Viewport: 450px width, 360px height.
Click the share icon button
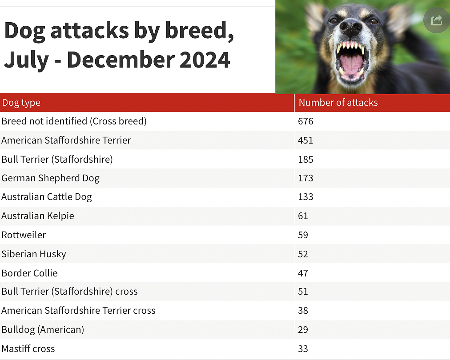437,20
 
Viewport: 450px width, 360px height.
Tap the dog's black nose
351,27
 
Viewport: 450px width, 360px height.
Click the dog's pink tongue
350,65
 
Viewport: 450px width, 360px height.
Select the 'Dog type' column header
21,103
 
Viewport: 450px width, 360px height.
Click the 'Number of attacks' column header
338,102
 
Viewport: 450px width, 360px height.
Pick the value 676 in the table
305,121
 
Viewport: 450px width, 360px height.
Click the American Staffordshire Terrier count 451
305,140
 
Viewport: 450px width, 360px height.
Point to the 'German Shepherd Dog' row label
51,178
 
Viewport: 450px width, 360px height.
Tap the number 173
305,178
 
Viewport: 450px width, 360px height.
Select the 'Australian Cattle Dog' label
47,197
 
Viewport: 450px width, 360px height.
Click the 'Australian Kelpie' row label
38,216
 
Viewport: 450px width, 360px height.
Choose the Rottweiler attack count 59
303,235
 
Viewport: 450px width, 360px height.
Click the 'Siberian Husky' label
34,254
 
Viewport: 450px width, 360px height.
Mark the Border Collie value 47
303,273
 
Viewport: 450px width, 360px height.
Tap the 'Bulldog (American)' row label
43,330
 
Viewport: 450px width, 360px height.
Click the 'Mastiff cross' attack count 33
303,349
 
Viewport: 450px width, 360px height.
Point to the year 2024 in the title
205,60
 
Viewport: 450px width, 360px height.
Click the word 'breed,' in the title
200,31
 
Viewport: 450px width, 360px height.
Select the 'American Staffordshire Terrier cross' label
78,311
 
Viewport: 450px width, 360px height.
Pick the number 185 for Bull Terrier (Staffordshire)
305,160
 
